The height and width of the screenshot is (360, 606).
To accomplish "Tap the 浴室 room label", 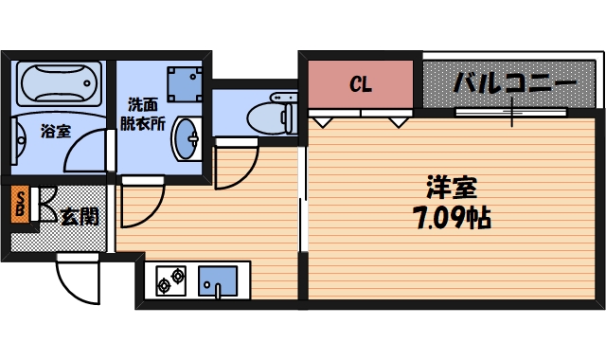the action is pyautogui.click(x=55, y=132).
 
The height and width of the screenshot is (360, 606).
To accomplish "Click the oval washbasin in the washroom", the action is pyautogui.click(x=186, y=140).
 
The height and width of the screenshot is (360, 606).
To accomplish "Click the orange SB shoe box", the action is pyautogui.click(x=19, y=205).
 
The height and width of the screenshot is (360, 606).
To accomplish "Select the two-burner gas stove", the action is pyautogui.click(x=170, y=281).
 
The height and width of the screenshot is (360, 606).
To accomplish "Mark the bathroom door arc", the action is pyautogui.click(x=92, y=152).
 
